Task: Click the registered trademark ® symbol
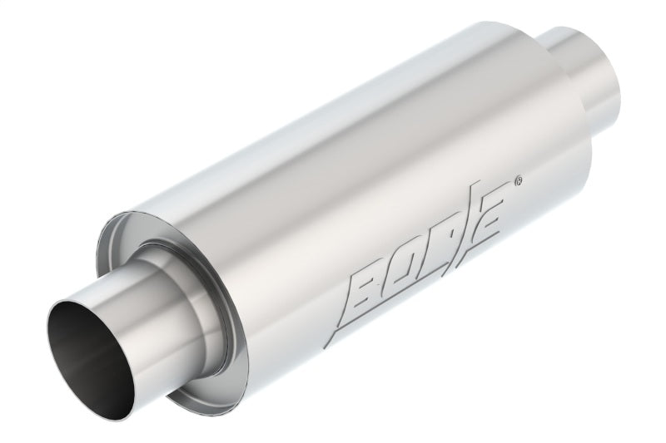(519, 179)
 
